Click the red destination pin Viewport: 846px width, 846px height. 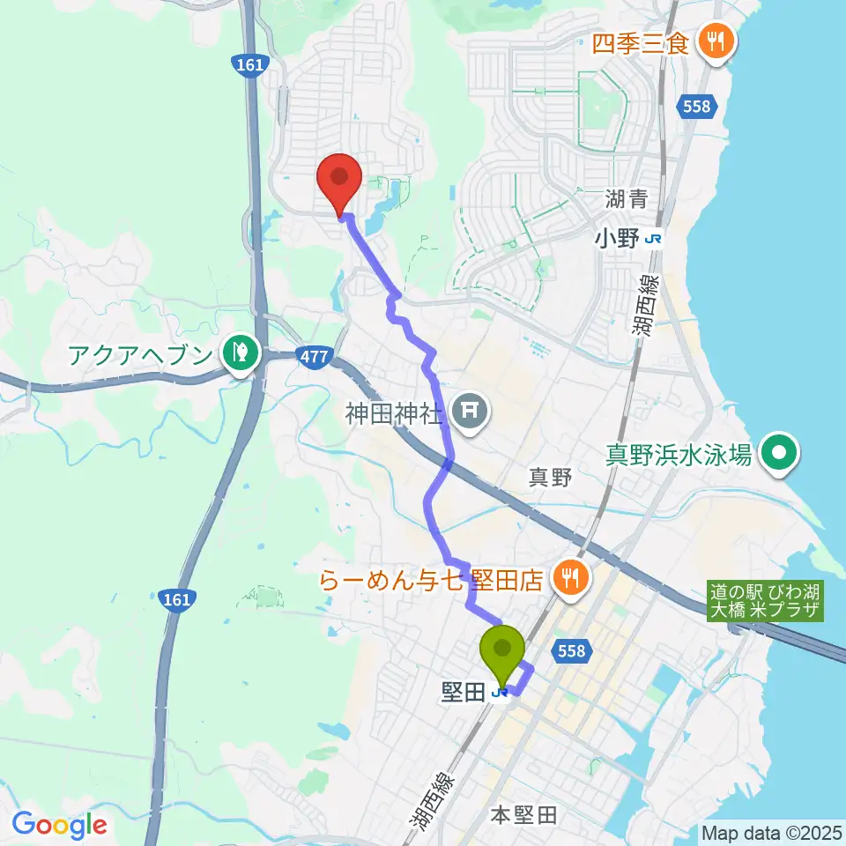[339, 180]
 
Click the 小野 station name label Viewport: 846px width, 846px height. [617, 238]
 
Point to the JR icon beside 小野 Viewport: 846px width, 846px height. [653, 239]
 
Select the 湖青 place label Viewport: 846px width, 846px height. [626, 199]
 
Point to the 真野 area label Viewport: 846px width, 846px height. [551, 478]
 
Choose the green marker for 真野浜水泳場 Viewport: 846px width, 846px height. [778, 454]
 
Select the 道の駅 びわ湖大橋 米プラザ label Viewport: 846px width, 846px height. [765, 603]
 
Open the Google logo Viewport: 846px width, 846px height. [59, 825]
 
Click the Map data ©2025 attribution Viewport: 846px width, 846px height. [771, 832]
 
